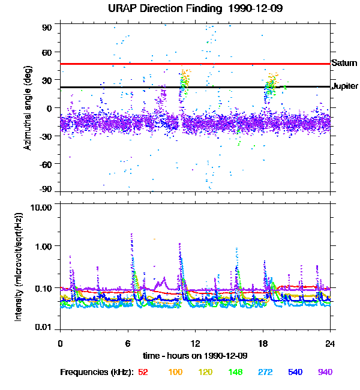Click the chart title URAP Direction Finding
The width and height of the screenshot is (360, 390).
click(x=165, y=8)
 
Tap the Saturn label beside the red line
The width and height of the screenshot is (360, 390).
click(x=344, y=63)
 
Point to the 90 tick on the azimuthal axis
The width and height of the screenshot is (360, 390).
click(x=47, y=28)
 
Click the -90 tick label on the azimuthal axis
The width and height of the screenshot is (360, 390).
click(x=46, y=189)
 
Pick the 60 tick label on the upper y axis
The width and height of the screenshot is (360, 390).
click(x=47, y=52)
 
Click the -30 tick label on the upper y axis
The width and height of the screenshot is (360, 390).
click(x=46, y=136)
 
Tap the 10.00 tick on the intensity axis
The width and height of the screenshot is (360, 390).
click(x=41, y=208)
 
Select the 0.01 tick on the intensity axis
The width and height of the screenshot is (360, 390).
click(x=43, y=327)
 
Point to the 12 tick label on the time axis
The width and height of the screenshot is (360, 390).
click(x=196, y=344)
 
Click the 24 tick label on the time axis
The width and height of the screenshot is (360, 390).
click(x=330, y=344)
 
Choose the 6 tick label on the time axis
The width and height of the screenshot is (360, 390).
click(x=128, y=344)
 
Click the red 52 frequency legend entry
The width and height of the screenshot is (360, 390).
click(x=143, y=372)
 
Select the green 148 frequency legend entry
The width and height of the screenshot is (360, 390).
click(x=235, y=372)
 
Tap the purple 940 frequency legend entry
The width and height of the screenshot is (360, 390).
click(x=325, y=372)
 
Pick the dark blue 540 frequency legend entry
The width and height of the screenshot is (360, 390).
click(x=295, y=372)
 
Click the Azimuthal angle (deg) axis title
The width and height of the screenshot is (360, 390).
click(x=28, y=108)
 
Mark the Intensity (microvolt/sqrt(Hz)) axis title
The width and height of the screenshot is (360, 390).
click(x=19, y=267)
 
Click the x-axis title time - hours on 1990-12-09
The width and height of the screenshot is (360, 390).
click(x=196, y=356)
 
